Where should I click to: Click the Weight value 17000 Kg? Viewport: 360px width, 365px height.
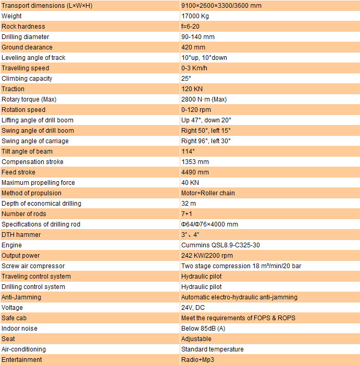195,16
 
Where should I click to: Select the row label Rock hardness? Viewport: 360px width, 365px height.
23,27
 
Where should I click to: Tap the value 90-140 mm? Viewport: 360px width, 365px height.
198,37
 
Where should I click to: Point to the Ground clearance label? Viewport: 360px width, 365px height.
27,47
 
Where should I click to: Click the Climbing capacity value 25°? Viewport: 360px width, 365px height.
187,79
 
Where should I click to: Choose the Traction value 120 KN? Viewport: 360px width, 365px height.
191,89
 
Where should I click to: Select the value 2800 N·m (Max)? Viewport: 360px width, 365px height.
204,99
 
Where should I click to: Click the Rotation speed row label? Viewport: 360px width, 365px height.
23,110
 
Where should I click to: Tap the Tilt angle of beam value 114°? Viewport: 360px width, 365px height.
188,152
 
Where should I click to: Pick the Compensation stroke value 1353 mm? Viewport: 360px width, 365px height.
195,162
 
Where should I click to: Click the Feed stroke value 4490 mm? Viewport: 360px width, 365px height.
195,172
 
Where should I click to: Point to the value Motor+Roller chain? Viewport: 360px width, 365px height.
208,193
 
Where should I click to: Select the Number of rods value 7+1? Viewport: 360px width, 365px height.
187,214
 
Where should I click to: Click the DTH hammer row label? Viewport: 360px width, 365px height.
21,235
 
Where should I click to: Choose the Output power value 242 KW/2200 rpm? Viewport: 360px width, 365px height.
207,256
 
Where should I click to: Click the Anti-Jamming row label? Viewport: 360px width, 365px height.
21,297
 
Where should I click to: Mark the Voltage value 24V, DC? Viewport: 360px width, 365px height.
193,308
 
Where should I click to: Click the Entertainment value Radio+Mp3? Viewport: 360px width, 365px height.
198,360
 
